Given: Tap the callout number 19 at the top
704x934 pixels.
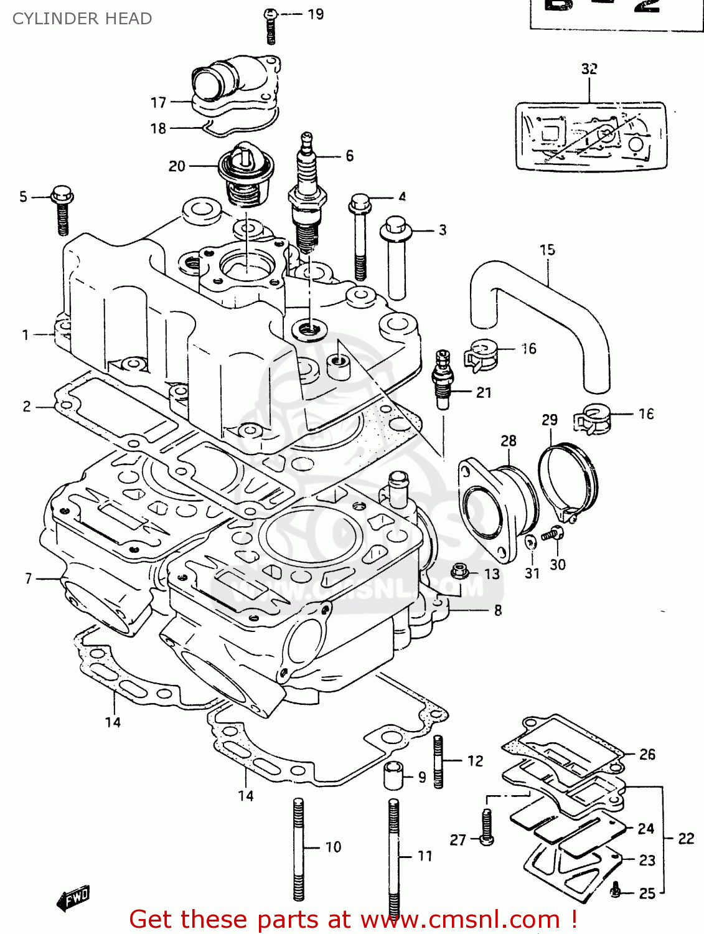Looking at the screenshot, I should click(x=316, y=14).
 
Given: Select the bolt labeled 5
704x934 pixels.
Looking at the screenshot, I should click(x=62, y=209).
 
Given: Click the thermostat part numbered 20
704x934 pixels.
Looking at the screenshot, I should click(x=246, y=171).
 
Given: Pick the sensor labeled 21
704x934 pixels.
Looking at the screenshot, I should click(x=443, y=379).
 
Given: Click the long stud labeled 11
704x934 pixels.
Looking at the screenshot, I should click(x=393, y=856).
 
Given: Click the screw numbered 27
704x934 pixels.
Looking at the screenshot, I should click(x=487, y=826).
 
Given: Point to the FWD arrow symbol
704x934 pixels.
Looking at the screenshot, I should click(x=73, y=898).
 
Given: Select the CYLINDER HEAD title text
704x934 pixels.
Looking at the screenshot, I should click(x=82, y=19).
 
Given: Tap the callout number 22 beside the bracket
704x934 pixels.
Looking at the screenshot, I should click(x=686, y=838).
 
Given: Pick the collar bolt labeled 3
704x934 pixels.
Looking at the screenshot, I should click(x=396, y=255).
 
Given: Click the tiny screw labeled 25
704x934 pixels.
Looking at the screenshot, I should click(x=616, y=892).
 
